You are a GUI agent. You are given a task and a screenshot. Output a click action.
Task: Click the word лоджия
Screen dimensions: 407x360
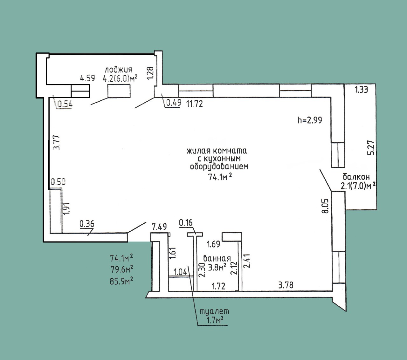coord(119,70)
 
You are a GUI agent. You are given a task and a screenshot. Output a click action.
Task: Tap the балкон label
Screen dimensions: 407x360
coord(356,177)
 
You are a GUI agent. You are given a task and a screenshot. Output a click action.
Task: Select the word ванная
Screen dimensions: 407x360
coord(217,259)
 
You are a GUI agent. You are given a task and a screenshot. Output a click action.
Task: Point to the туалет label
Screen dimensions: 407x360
coord(214,311)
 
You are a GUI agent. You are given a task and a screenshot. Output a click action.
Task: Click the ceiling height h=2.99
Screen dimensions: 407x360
coord(310,120)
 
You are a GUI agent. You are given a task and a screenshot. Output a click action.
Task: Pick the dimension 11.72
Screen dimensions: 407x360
coord(195,104)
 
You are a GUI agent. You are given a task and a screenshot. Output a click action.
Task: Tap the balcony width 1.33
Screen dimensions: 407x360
coord(361,89)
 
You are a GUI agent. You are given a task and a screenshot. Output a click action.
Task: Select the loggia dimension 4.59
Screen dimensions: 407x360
coord(87,78)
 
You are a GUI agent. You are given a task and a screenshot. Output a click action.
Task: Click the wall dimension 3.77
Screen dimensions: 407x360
coord(56,142)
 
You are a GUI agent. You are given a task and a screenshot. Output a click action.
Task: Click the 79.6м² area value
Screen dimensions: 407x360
coord(121,269)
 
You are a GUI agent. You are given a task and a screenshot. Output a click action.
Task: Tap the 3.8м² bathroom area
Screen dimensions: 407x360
coord(217,268)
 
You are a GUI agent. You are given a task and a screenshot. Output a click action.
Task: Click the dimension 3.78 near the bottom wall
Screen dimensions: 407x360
coord(286,285)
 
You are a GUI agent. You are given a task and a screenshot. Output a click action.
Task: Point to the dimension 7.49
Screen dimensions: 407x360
coord(159,227)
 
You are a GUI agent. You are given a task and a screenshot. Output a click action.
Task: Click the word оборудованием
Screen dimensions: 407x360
coord(219,166)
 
